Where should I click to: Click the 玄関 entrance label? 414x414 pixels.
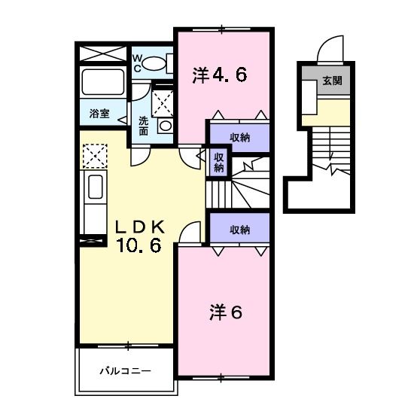point(331,81)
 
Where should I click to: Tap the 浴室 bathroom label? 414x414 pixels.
point(99,114)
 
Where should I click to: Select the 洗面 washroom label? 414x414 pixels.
point(143,125)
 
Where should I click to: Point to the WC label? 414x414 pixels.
point(139,61)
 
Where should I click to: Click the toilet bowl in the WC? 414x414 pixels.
point(155,65)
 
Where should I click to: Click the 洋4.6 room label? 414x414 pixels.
point(220,75)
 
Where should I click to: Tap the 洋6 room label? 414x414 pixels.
point(225,312)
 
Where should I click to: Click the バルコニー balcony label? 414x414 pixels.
point(126,371)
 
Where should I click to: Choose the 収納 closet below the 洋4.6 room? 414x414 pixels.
point(239,137)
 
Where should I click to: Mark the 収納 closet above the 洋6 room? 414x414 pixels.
point(239,230)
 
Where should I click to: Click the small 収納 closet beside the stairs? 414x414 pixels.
point(218,163)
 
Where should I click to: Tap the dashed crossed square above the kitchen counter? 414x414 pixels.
point(96,156)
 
